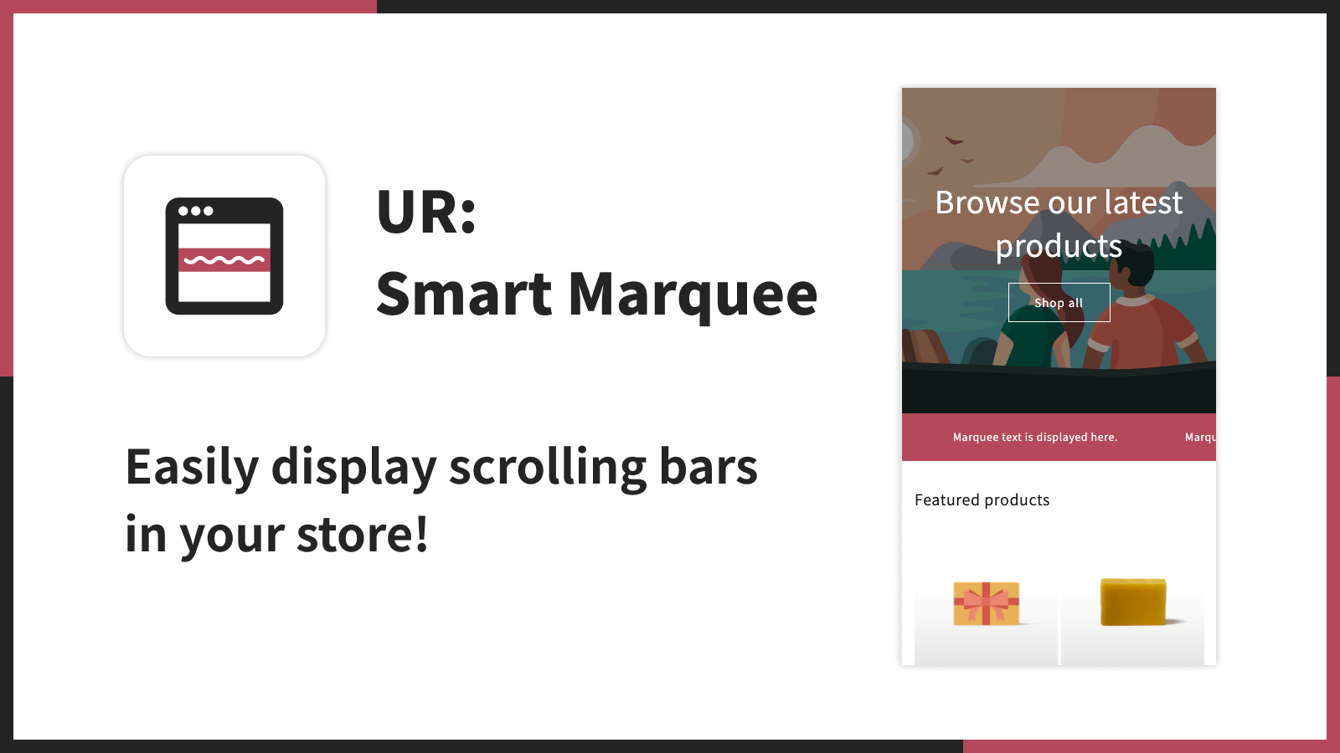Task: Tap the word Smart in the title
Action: click(x=464, y=294)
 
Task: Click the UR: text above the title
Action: click(x=426, y=212)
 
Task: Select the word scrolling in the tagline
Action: click(x=548, y=469)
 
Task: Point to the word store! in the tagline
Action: click(x=363, y=534)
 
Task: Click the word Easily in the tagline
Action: click(x=192, y=469)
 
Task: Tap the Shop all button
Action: click(x=1059, y=302)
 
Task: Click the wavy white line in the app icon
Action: click(x=224, y=260)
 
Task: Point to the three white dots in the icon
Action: click(x=196, y=210)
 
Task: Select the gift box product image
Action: click(x=986, y=603)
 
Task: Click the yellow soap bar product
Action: click(x=1133, y=602)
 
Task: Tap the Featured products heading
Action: click(x=982, y=499)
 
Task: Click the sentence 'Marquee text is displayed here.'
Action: click(x=1035, y=437)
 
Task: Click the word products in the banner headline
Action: click(x=1059, y=247)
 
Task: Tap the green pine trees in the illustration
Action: click(x=1182, y=245)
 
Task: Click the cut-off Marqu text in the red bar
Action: click(x=1200, y=437)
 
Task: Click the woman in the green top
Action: click(x=1030, y=317)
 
